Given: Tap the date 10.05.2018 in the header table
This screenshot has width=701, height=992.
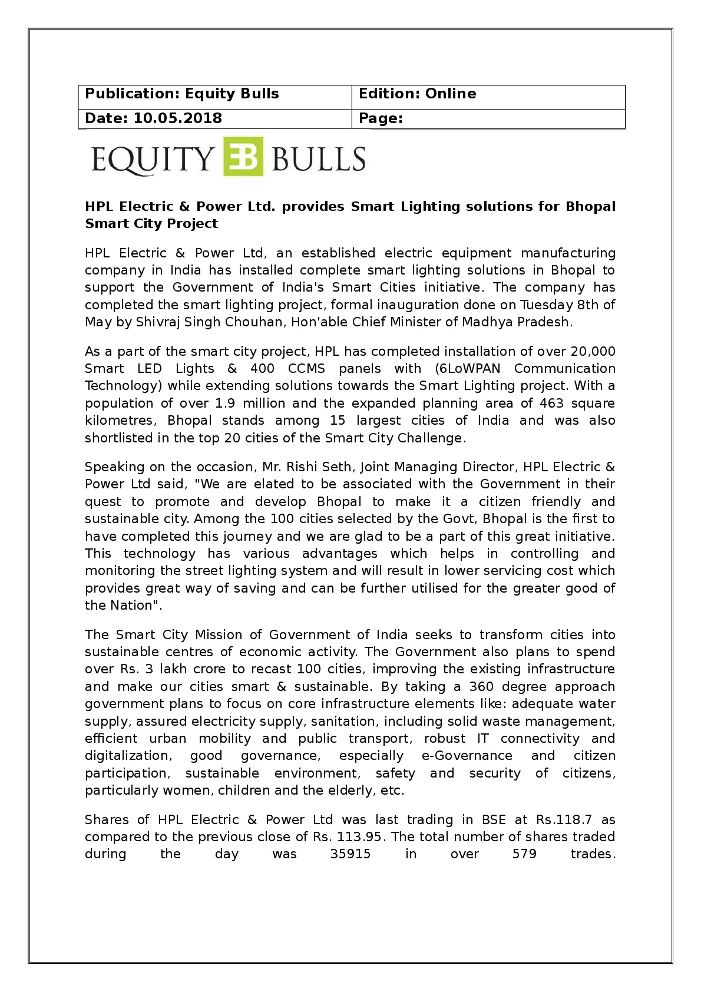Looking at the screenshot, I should tap(177, 118).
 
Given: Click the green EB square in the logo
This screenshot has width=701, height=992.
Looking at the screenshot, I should tap(243, 157).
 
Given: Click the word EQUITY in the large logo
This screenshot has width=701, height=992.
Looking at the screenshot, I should tap(152, 159).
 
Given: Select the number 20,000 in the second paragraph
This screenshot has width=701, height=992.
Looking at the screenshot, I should tap(593, 352).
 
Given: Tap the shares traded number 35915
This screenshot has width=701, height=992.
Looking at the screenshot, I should tap(350, 854).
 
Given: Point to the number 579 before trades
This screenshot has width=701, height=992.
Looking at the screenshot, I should tap(524, 854).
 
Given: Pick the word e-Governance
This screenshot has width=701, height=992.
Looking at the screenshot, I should tap(467, 756).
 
